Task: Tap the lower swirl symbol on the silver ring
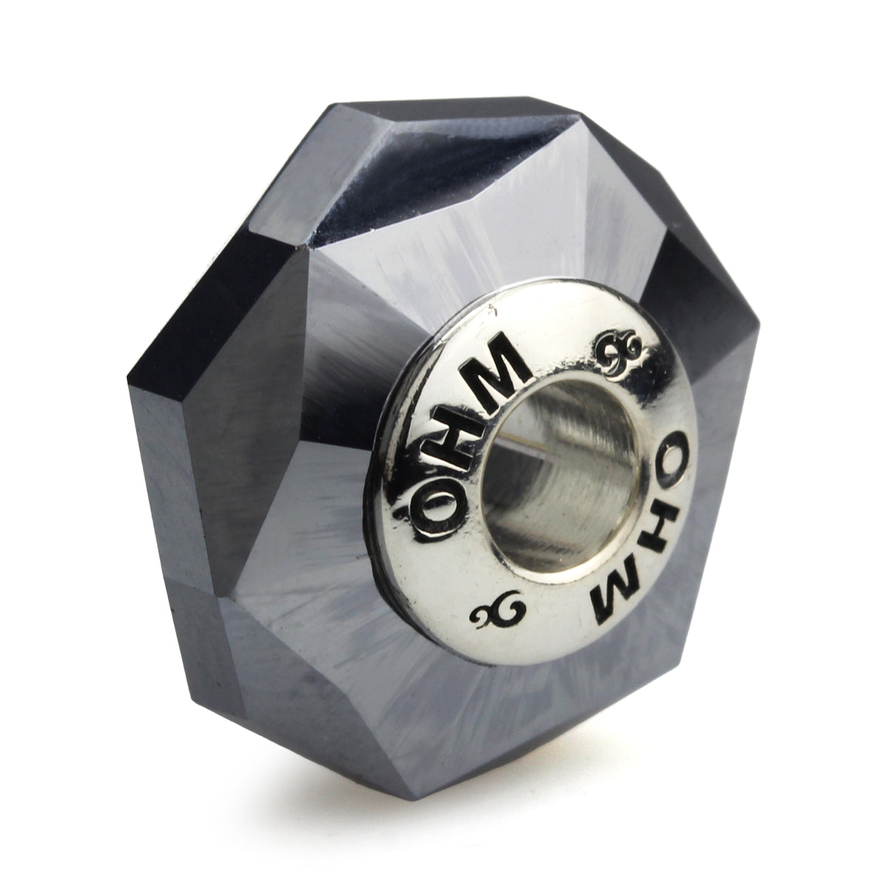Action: pos(498,613)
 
